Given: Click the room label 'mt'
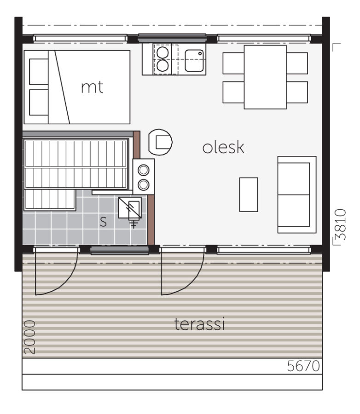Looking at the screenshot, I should click(92, 87).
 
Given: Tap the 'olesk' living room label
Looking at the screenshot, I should click(223, 148).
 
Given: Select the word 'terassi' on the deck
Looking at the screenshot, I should click(199, 324).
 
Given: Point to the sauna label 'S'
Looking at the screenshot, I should click(103, 222).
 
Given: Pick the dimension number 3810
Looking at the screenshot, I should click(340, 225).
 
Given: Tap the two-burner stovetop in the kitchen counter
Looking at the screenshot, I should click(162, 60).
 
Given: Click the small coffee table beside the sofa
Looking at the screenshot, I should click(249, 194).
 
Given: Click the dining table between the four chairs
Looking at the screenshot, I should click(265, 77).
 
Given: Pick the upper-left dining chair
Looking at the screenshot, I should click(233, 63).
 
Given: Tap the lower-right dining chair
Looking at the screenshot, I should click(297, 92).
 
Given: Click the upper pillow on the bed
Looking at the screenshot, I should click(39, 71).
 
